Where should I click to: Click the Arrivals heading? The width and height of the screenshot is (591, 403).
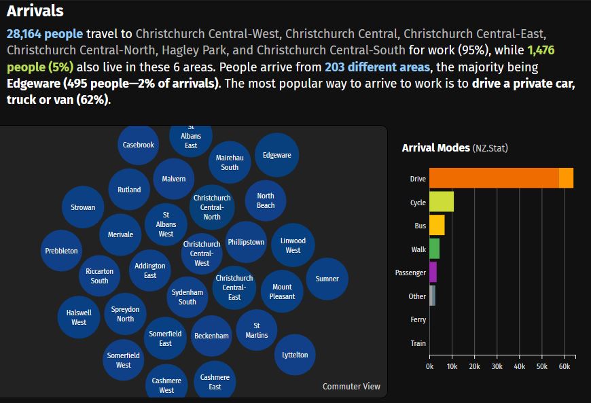click(35, 11)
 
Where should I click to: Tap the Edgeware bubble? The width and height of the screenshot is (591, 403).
click(276, 155)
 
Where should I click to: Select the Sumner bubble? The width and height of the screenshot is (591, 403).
click(327, 279)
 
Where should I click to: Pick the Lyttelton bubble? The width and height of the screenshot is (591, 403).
click(295, 355)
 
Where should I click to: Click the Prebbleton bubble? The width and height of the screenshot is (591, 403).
click(61, 251)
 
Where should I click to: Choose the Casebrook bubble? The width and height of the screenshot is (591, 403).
click(138, 145)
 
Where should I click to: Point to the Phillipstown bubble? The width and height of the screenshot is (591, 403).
click(246, 242)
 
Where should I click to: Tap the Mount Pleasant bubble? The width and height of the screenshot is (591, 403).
click(282, 292)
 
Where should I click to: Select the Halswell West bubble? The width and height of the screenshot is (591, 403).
click(79, 317)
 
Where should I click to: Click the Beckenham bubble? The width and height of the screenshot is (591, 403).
click(211, 336)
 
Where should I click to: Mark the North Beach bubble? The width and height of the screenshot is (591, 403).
click(266, 200)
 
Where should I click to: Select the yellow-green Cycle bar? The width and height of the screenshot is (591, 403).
click(441, 202)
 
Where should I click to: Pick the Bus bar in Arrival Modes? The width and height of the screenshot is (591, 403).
click(437, 226)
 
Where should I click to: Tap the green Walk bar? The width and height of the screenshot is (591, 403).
click(434, 249)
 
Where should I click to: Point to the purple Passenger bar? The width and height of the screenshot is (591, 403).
click(433, 273)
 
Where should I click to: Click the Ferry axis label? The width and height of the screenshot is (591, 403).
click(418, 319)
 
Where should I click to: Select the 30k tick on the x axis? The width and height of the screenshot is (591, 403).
click(497, 367)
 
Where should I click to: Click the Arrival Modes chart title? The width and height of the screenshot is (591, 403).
click(435, 147)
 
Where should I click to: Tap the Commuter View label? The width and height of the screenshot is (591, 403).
click(351, 386)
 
